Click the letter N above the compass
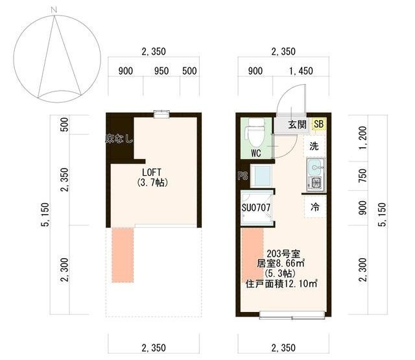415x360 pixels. [56, 8]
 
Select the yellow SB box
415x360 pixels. [318, 124]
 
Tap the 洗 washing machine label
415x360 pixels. [314, 147]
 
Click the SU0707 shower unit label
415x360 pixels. [256, 208]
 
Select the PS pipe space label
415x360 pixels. [243, 175]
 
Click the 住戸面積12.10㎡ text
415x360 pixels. [289, 284]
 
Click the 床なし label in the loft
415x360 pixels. [121, 138]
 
